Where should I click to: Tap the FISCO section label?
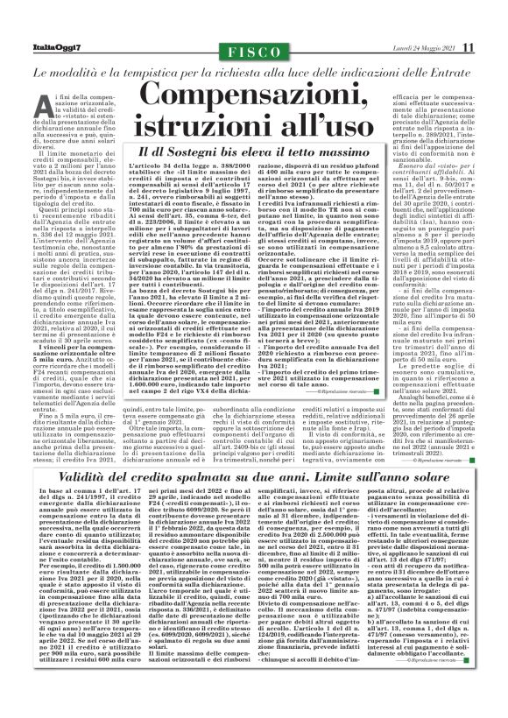[254, 46]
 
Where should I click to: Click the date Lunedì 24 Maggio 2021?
[422, 46]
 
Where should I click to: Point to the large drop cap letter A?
[42, 103]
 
